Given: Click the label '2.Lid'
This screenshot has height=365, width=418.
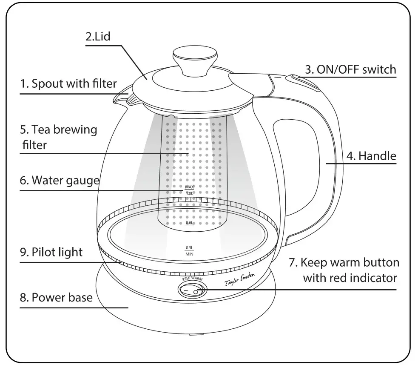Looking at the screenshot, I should tap(98, 36).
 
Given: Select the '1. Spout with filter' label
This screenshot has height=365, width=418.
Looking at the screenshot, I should tap(68, 83).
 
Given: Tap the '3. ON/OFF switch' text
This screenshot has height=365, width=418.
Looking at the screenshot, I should tap(350, 69).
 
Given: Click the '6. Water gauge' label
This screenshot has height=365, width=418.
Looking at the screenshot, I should tap(59, 180).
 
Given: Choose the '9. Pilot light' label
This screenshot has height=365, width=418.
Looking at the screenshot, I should tap(51, 252).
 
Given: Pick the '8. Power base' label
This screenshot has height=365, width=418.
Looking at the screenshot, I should tap(56, 297).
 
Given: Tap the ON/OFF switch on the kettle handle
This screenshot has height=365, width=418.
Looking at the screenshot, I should tap(304, 81).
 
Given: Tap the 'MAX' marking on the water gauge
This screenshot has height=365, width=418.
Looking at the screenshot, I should tap(189, 187).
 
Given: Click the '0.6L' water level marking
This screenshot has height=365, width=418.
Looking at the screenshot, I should tap(190, 223).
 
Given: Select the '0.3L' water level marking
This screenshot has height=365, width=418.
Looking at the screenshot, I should tap(189, 247).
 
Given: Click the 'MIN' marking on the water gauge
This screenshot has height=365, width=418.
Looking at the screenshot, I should tap(189, 254).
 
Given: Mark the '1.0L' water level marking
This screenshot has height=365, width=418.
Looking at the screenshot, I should tap(190, 193).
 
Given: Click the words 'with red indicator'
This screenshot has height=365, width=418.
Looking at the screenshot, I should tap(350, 278).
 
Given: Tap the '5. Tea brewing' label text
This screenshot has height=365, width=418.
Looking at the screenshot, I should tap(59, 129).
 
